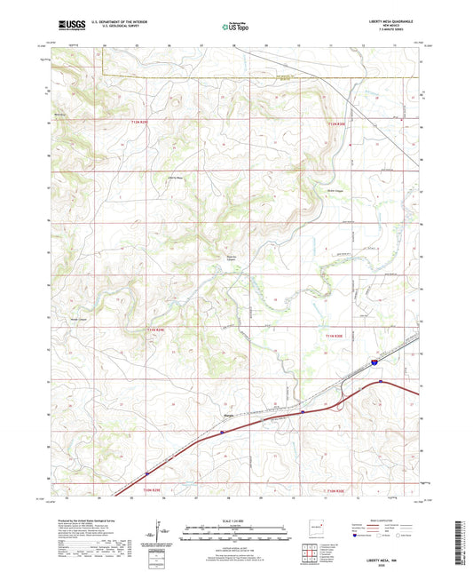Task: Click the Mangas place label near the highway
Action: pos(228,413)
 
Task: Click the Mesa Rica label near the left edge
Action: pos(61,114)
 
